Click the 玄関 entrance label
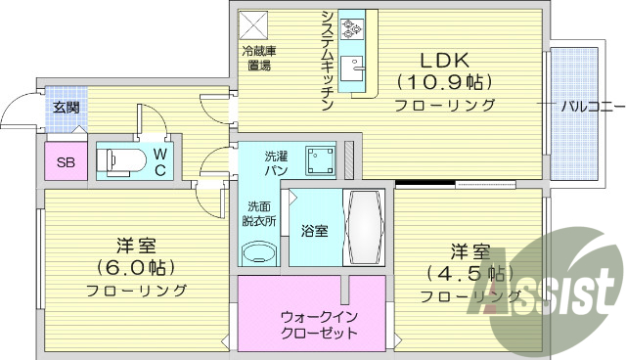click(x=66, y=108)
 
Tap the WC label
click(x=159, y=161)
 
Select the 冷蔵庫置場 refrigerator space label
click(x=258, y=59)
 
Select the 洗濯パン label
click(x=276, y=162)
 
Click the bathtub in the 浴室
click(x=364, y=227)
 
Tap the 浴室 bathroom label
click(x=314, y=231)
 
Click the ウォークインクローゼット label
click(x=318, y=325)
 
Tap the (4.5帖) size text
click(x=470, y=272)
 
